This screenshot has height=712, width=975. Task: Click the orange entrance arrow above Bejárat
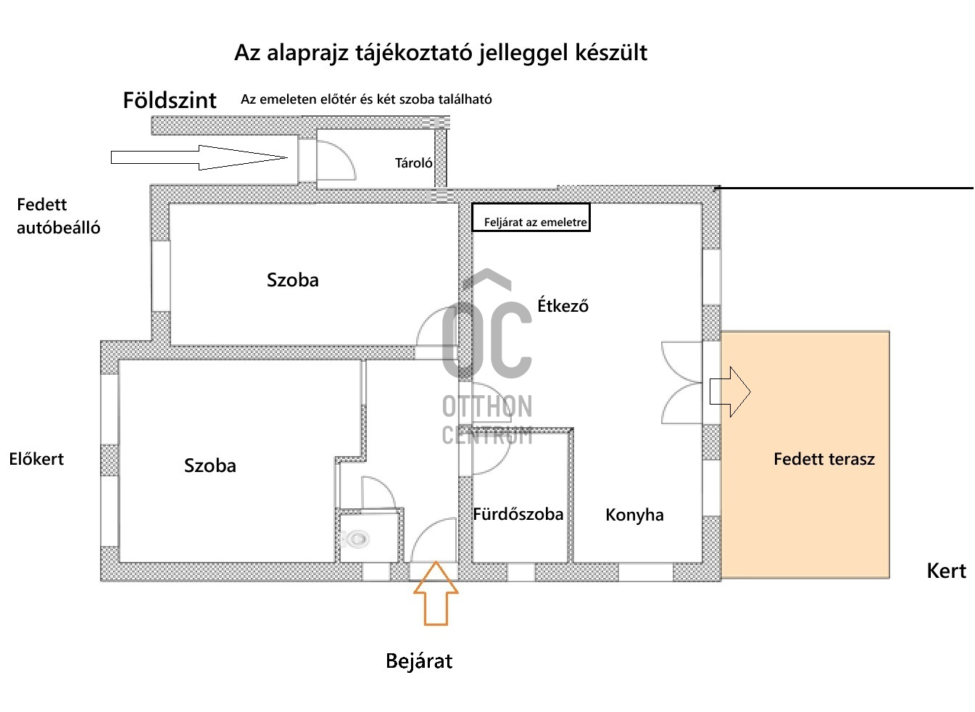click(x=436, y=594)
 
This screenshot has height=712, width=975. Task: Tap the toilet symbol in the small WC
click(x=356, y=539)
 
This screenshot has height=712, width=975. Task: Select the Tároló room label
click(x=413, y=163)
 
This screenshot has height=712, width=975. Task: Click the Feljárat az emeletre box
click(x=531, y=218)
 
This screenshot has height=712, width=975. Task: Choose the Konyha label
click(x=634, y=516)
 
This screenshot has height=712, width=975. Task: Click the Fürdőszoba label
click(x=518, y=514)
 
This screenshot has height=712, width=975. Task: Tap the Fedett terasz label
click(x=824, y=459)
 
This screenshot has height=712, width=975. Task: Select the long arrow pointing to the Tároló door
click(x=199, y=157)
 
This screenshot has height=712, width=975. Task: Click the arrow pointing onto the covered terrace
click(x=730, y=392)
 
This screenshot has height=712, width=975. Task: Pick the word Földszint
click(x=170, y=100)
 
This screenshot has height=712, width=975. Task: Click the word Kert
click(x=946, y=571)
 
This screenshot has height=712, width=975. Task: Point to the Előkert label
click(x=36, y=459)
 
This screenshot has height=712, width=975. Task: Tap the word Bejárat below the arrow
click(x=419, y=661)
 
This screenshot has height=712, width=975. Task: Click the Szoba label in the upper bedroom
click(x=293, y=280)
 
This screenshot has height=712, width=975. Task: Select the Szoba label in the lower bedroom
click(x=209, y=465)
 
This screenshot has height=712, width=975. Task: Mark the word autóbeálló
click(x=58, y=228)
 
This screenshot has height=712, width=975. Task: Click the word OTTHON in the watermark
click(x=487, y=406)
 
